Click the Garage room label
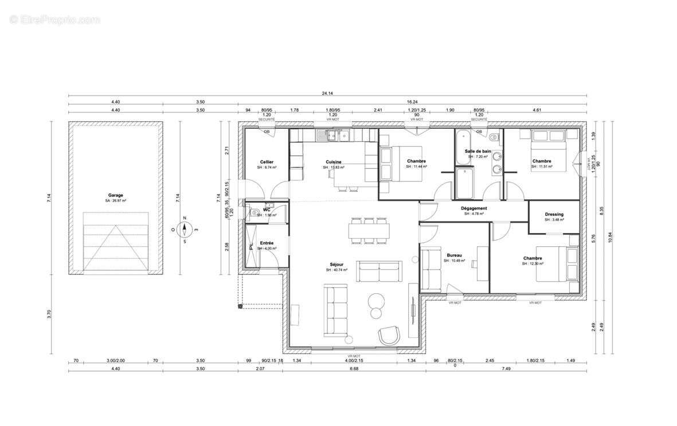coord(115,195)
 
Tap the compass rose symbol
coord(185,230)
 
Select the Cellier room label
coord(267,162)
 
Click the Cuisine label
coord(334,162)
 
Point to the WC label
coord(267,210)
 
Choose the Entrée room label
coord(267,243)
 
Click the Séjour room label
coord(336,264)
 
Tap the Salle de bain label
coord(477,151)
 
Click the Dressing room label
coord(554,214)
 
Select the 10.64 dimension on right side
coord(610,236)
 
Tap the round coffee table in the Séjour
coord(377,301)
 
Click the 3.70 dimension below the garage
coord(50,313)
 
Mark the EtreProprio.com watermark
coord(55,19)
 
